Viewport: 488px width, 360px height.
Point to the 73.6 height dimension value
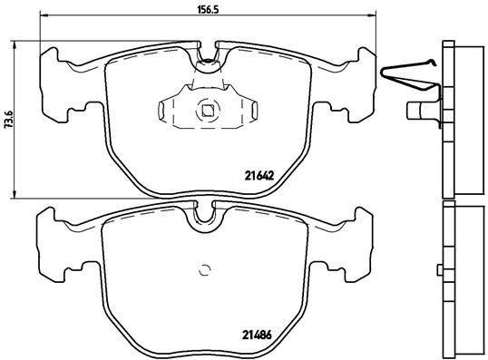pos(9,119)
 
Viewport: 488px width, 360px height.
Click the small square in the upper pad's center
pos(207,112)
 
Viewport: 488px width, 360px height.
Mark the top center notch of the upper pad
pos(208,57)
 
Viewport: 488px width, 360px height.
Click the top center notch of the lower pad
pos(203,214)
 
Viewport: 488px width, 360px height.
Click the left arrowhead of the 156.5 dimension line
pos(44,17)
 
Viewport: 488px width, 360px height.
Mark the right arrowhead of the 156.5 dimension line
pos(372,17)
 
